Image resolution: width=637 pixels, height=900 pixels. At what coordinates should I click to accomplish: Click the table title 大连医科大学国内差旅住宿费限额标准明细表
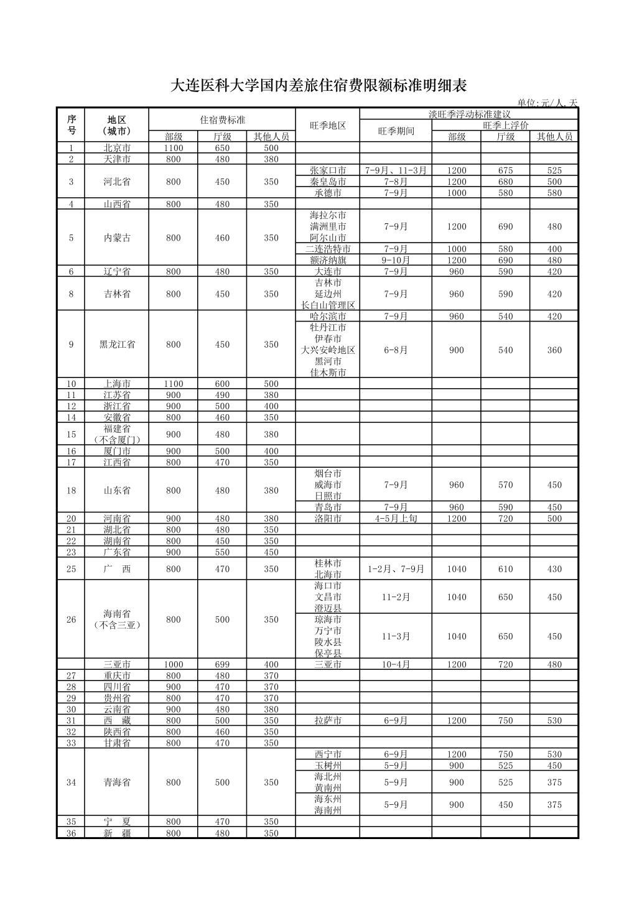pyautogui.click(x=318, y=86)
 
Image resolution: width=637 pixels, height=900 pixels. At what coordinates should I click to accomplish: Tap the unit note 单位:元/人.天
pyautogui.click(x=547, y=103)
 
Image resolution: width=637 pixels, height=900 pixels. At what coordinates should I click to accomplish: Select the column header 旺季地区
pyautogui.click(x=328, y=125)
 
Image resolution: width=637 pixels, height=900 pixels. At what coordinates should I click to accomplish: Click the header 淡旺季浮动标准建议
pyautogui.click(x=468, y=114)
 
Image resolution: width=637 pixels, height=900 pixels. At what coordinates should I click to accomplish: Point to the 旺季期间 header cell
pyautogui.click(x=396, y=131)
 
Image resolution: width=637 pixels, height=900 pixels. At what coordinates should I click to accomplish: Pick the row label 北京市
pyautogui.click(x=117, y=148)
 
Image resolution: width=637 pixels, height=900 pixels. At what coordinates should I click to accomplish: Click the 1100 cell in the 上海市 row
pyautogui.click(x=174, y=384)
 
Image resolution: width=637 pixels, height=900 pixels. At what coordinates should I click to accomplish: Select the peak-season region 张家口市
pyautogui.click(x=328, y=170)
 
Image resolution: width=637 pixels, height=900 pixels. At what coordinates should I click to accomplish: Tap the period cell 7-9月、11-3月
pyautogui.click(x=396, y=170)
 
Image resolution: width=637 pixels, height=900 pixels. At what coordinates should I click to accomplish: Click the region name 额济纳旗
pyautogui.click(x=328, y=260)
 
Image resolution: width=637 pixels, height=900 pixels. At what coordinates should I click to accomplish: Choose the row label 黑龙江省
pyautogui.click(x=117, y=344)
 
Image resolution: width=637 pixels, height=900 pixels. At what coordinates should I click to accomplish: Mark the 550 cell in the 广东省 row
pyautogui.click(x=222, y=552)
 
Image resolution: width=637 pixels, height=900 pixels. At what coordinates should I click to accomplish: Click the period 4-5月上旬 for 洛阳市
pyautogui.click(x=396, y=518)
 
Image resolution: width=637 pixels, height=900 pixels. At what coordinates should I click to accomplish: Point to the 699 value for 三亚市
pyautogui.click(x=222, y=664)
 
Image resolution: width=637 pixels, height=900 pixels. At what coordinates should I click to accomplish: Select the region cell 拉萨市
pyautogui.click(x=328, y=720)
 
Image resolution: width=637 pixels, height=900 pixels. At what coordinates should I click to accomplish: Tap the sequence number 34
pyautogui.click(x=71, y=782)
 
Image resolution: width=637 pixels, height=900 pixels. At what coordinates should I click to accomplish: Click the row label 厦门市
pyautogui.click(x=117, y=451)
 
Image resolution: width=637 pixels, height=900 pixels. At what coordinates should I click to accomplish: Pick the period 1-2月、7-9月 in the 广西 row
pyautogui.click(x=396, y=568)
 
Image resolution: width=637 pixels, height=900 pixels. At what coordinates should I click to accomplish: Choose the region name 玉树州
pyautogui.click(x=328, y=766)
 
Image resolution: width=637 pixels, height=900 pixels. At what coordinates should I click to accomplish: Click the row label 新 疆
pyautogui.click(x=117, y=833)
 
